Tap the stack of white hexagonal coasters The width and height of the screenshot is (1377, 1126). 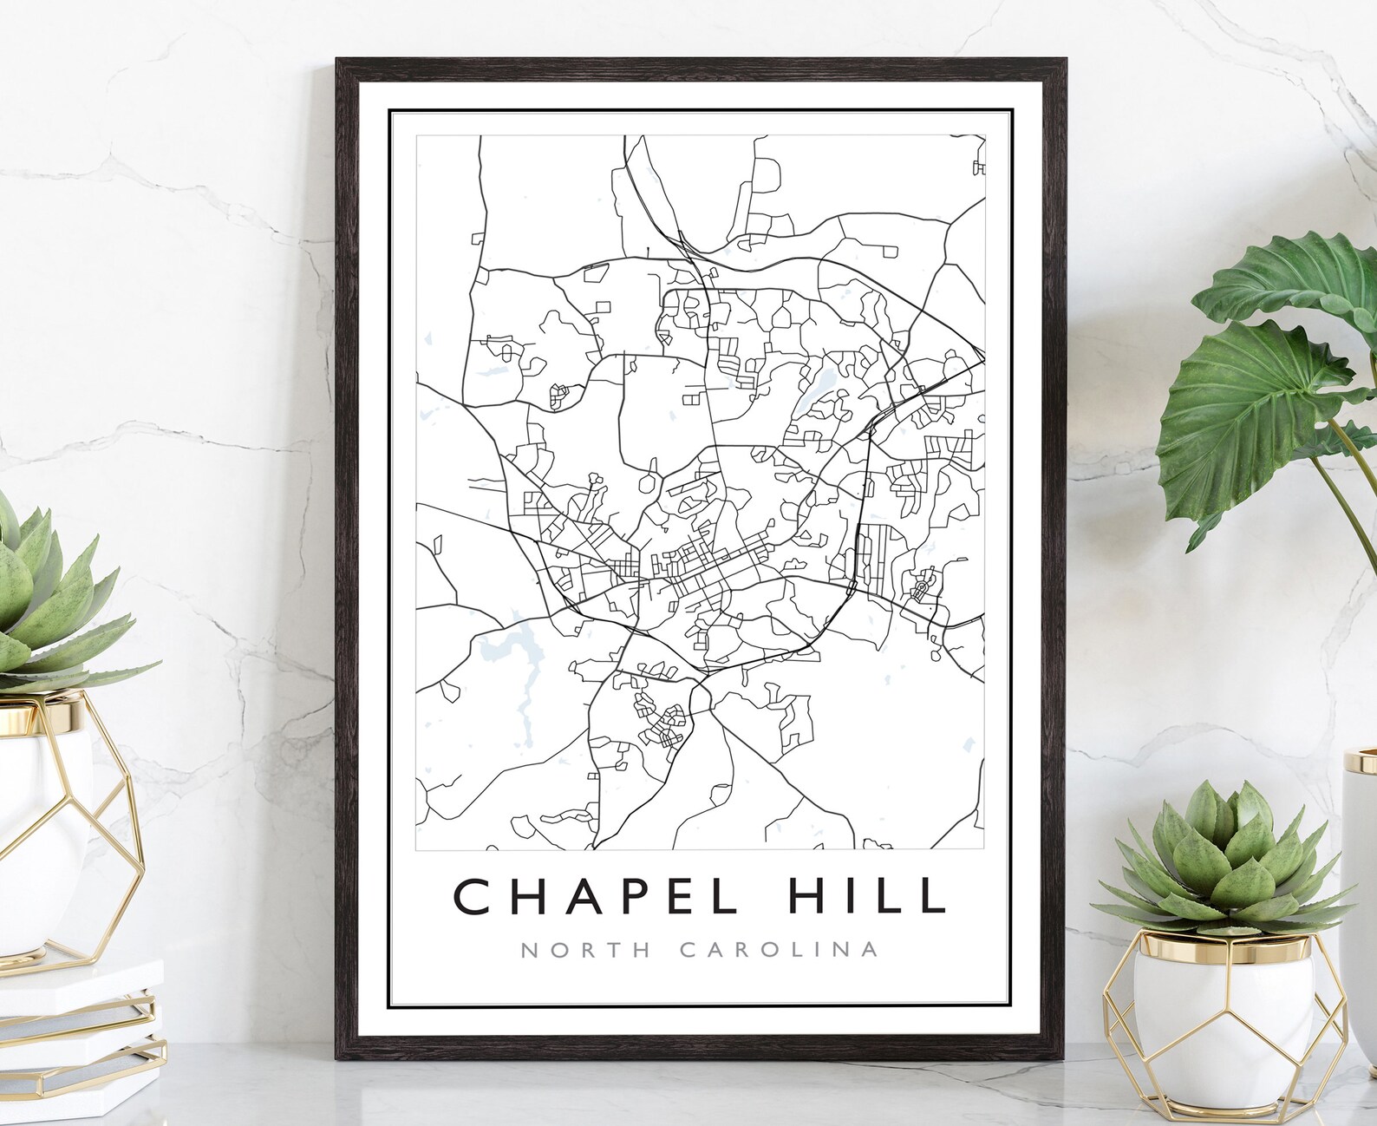(82, 1024)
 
